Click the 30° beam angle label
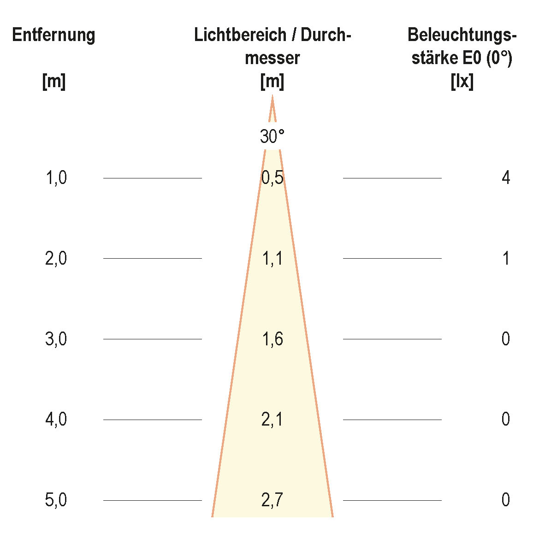click(272, 137)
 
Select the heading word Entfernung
click(53, 35)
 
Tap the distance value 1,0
click(56, 178)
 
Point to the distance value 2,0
click(56, 259)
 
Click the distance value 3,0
click(56, 339)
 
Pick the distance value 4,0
click(56, 420)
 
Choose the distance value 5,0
click(56, 500)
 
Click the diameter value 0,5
click(272, 178)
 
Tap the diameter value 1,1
click(272, 259)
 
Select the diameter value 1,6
click(272, 339)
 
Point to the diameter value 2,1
click(272, 420)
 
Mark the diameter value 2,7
click(272, 500)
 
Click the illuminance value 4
click(506, 178)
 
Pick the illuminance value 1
click(506, 259)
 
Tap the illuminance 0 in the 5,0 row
click(506, 500)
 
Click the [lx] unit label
click(462, 82)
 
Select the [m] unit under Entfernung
click(53, 82)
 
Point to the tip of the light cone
click(272, 97)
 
